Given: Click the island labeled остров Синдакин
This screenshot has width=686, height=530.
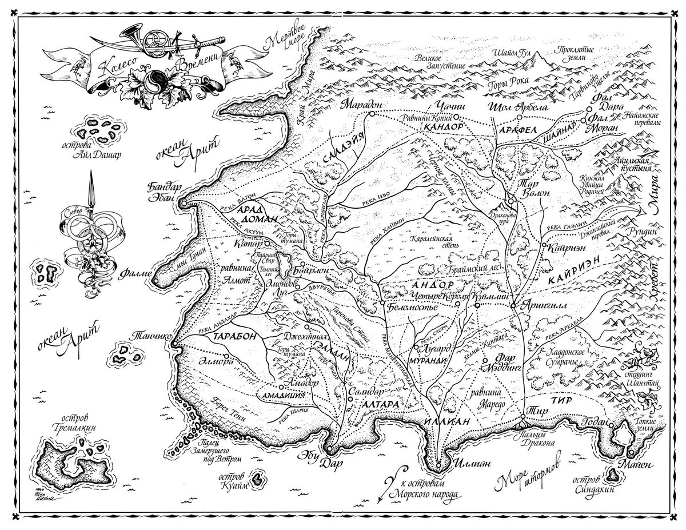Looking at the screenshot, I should pyautogui.click(x=615, y=473).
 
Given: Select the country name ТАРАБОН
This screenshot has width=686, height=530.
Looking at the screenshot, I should pyautogui.click(x=234, y=338).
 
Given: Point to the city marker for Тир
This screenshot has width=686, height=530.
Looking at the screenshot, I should pyautogui.click(x=523, y=416).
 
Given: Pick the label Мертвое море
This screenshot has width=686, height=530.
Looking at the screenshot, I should pyautogui.click(x=287, y=35).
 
